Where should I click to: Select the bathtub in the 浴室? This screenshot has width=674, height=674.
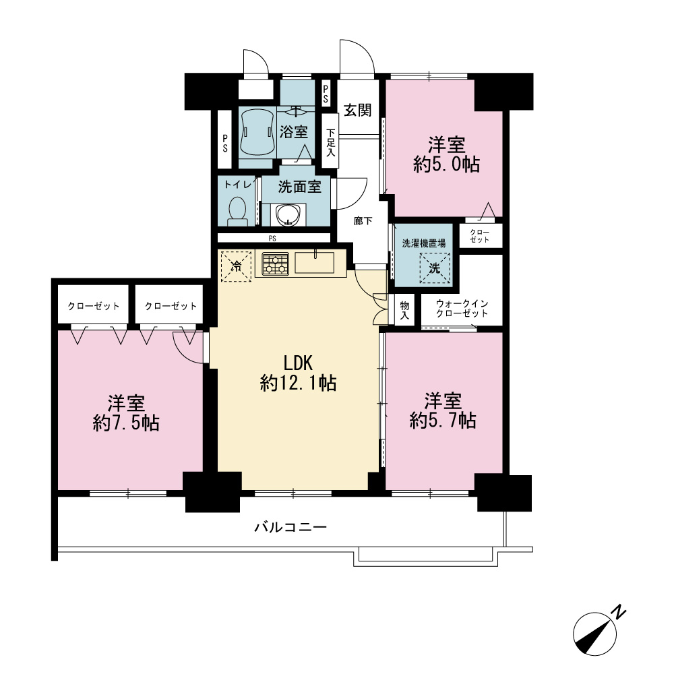tap(257, 131)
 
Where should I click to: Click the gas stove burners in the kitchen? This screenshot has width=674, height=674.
tap(275, 264)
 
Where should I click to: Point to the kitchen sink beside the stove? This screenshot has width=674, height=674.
tap(314, 262)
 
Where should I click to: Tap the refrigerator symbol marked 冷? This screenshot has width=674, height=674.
tap(236, 266)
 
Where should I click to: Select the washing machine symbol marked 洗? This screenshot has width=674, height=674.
tap(435, 268)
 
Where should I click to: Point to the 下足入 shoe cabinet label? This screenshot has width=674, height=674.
tap(330, 142)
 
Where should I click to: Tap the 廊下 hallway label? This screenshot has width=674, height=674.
tap(363, 221)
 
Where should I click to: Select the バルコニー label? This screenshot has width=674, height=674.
tap(290, 526)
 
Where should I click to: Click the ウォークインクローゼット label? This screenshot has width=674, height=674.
tap(462, 308)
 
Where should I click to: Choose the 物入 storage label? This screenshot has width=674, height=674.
tap(404, 310)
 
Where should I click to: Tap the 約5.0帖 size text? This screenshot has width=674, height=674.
tap(447, 164)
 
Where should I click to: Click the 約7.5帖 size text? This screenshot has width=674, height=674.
tap(126, 423)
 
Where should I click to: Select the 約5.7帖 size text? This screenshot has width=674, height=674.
tap(443, 421)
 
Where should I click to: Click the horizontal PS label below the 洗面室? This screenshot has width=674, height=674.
tap(272, 238)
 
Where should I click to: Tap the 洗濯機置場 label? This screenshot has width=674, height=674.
tap(424, 243)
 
